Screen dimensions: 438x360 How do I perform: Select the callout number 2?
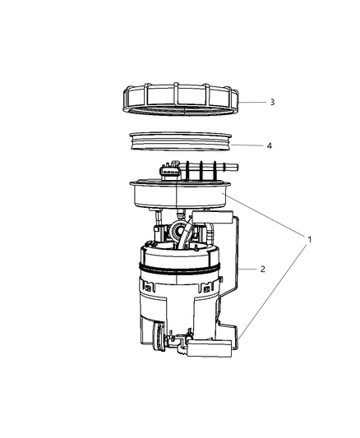(262, 269)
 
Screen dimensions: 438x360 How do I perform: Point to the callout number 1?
(310, 240)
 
